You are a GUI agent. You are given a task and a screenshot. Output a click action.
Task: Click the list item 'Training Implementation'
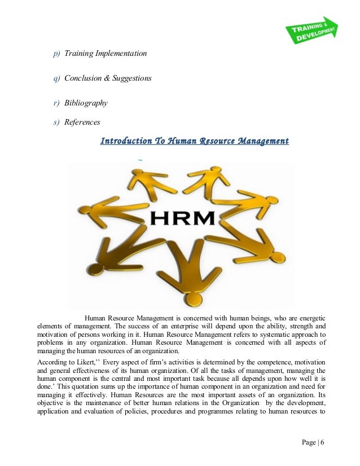[105, 54]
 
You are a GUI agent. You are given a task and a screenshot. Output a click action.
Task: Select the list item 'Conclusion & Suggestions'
[107, 78]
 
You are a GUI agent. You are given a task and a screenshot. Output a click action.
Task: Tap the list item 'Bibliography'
[86, 103]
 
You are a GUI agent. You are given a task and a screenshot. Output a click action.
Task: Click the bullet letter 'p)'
[56, 54]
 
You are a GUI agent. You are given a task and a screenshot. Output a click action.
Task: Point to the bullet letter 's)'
[56, 122]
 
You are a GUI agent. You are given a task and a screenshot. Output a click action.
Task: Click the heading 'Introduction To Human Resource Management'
[194, 141]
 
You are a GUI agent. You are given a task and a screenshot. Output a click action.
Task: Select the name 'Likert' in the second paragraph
[91, 362]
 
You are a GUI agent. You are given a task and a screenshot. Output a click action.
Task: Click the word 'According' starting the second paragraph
[51, 362]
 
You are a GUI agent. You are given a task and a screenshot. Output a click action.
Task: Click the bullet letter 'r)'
[56, 103]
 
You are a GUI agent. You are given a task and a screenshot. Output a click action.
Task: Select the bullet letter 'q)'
[56, 78]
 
